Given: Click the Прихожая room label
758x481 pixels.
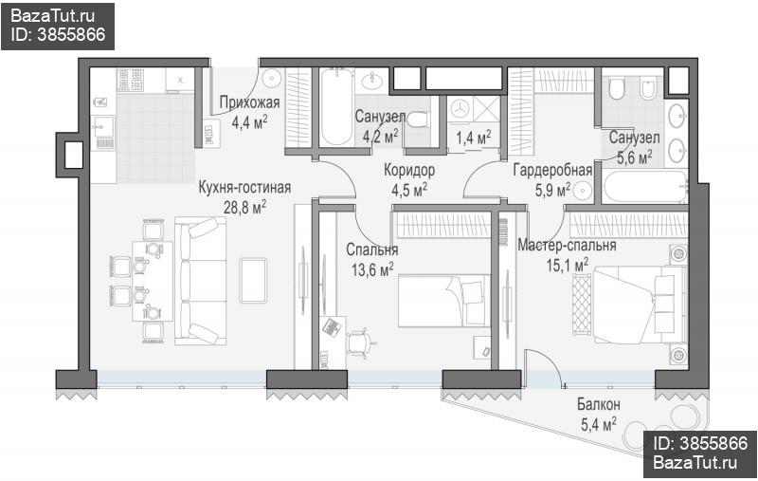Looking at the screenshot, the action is pyautogui.click(x=249, y=102).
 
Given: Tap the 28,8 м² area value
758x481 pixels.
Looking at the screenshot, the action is pyautogui.click(x=244, y=207).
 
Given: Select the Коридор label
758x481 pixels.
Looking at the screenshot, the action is pyautogui.click(x=409, y=170).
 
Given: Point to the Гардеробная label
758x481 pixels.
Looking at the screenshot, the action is pyautogui.click(x=552, y=170).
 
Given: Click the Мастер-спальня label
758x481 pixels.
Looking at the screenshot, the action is pyautogui.click(x=567, y=245).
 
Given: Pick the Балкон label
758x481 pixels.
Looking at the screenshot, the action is pyautogui.click(x=599, y=404).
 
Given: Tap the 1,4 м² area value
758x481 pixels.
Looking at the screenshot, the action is pyautogui.click(x=473, y=138).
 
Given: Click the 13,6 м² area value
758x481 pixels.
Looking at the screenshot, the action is pyautogui.click(x=372, y=269).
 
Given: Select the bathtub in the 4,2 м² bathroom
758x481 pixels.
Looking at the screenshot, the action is pyautogui.click(x=336, y=107).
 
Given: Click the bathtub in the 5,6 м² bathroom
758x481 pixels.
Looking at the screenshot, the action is pyautogui.click(x=645, y=186).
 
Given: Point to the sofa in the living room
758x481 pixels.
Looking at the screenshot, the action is pyautogui.click(x=201, y=281).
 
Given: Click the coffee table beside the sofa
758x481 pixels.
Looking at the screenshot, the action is pyautogui.click(x=253, y=281).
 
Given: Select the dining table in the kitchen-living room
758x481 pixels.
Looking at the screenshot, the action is pyautogui.click(x=153, y=281).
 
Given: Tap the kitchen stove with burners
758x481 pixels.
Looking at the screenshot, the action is pyautogui.click(x=131, y=80).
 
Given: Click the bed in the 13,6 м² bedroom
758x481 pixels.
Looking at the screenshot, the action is pyautogui.click(x=443, y=301).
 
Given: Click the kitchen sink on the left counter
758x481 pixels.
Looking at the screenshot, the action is pyautogui.click(x=103, y=128).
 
